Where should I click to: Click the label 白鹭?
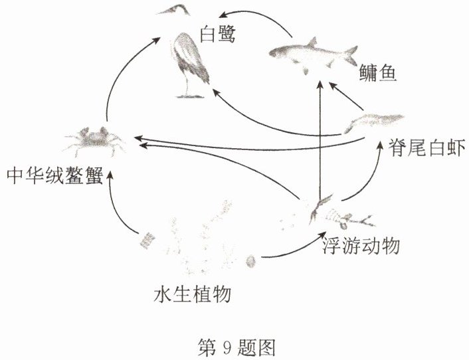[x=218, y=35]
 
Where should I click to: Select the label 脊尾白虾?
[x=426, y=147]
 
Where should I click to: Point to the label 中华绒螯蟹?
[x=55, y=175]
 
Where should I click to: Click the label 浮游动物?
[x=361, y=246]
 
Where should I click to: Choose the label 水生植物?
[x=193, y=294]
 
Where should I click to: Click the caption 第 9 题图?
[x=236, y=347]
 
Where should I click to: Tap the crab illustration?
[x=94, y=141]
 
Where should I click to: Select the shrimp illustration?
[x=374, y=123]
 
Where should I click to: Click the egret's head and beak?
[x=174, y=10]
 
